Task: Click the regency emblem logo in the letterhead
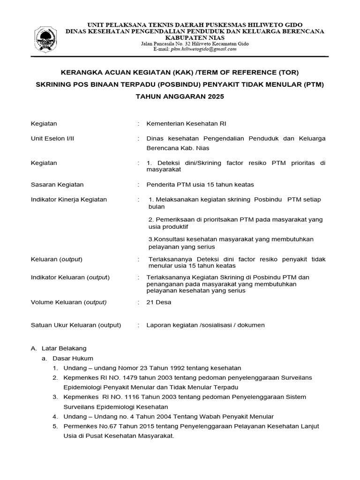(46, 39)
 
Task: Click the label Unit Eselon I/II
(53, 138)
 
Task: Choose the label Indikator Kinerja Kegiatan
(68, 199)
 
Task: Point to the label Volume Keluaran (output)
(68, 302)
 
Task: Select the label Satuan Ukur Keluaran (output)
(75, 325)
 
